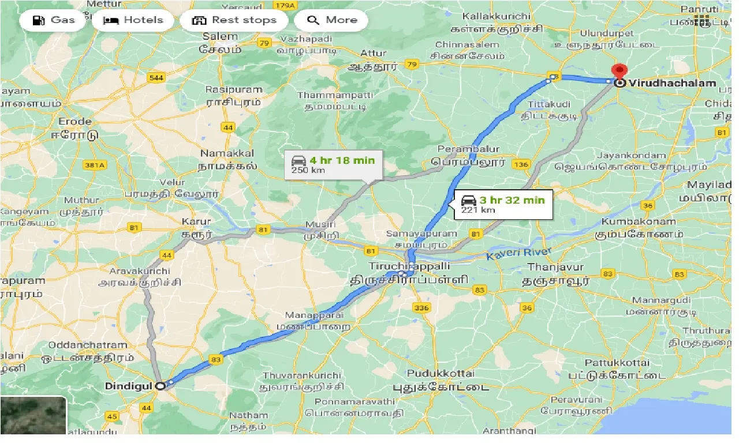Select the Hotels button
(133, 20)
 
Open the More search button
(331, 20)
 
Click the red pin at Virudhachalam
(619, 73)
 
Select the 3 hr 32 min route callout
(503, 204)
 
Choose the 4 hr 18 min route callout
(333, 164)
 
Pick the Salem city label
(220, 37)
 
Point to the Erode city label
(75, 121)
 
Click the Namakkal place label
(227, 153)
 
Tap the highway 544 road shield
(156, 78)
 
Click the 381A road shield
(94, 166)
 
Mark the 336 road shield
(421, 308)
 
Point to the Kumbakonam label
(639, 221)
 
